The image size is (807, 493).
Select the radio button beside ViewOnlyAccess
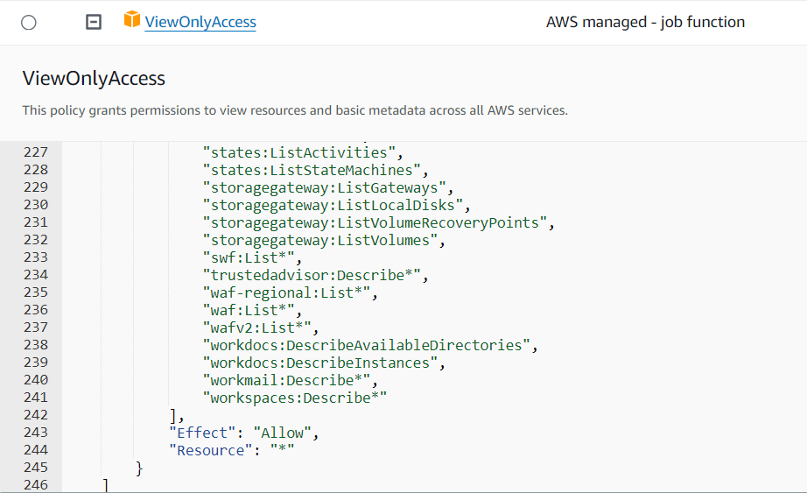(28, 23)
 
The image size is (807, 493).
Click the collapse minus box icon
(94, 23)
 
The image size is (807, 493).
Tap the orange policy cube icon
(132, 20)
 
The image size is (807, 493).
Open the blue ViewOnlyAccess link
(200, 23)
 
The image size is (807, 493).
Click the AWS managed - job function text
(645, 23)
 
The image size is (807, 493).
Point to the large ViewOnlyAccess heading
(94, 79)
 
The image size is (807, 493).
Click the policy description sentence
(295, 110)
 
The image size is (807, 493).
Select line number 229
(36, 187)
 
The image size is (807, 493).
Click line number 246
(36, 484)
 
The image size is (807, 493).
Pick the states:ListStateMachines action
(307, 170)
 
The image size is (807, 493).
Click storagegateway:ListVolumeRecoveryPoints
(378, 222)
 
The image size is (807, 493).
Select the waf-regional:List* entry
(290, 292)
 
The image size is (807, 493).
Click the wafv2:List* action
(257, 327)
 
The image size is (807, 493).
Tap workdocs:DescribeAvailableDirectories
(369, 345)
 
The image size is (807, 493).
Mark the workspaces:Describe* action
(294, 398)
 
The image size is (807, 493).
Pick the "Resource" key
(210, 450)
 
